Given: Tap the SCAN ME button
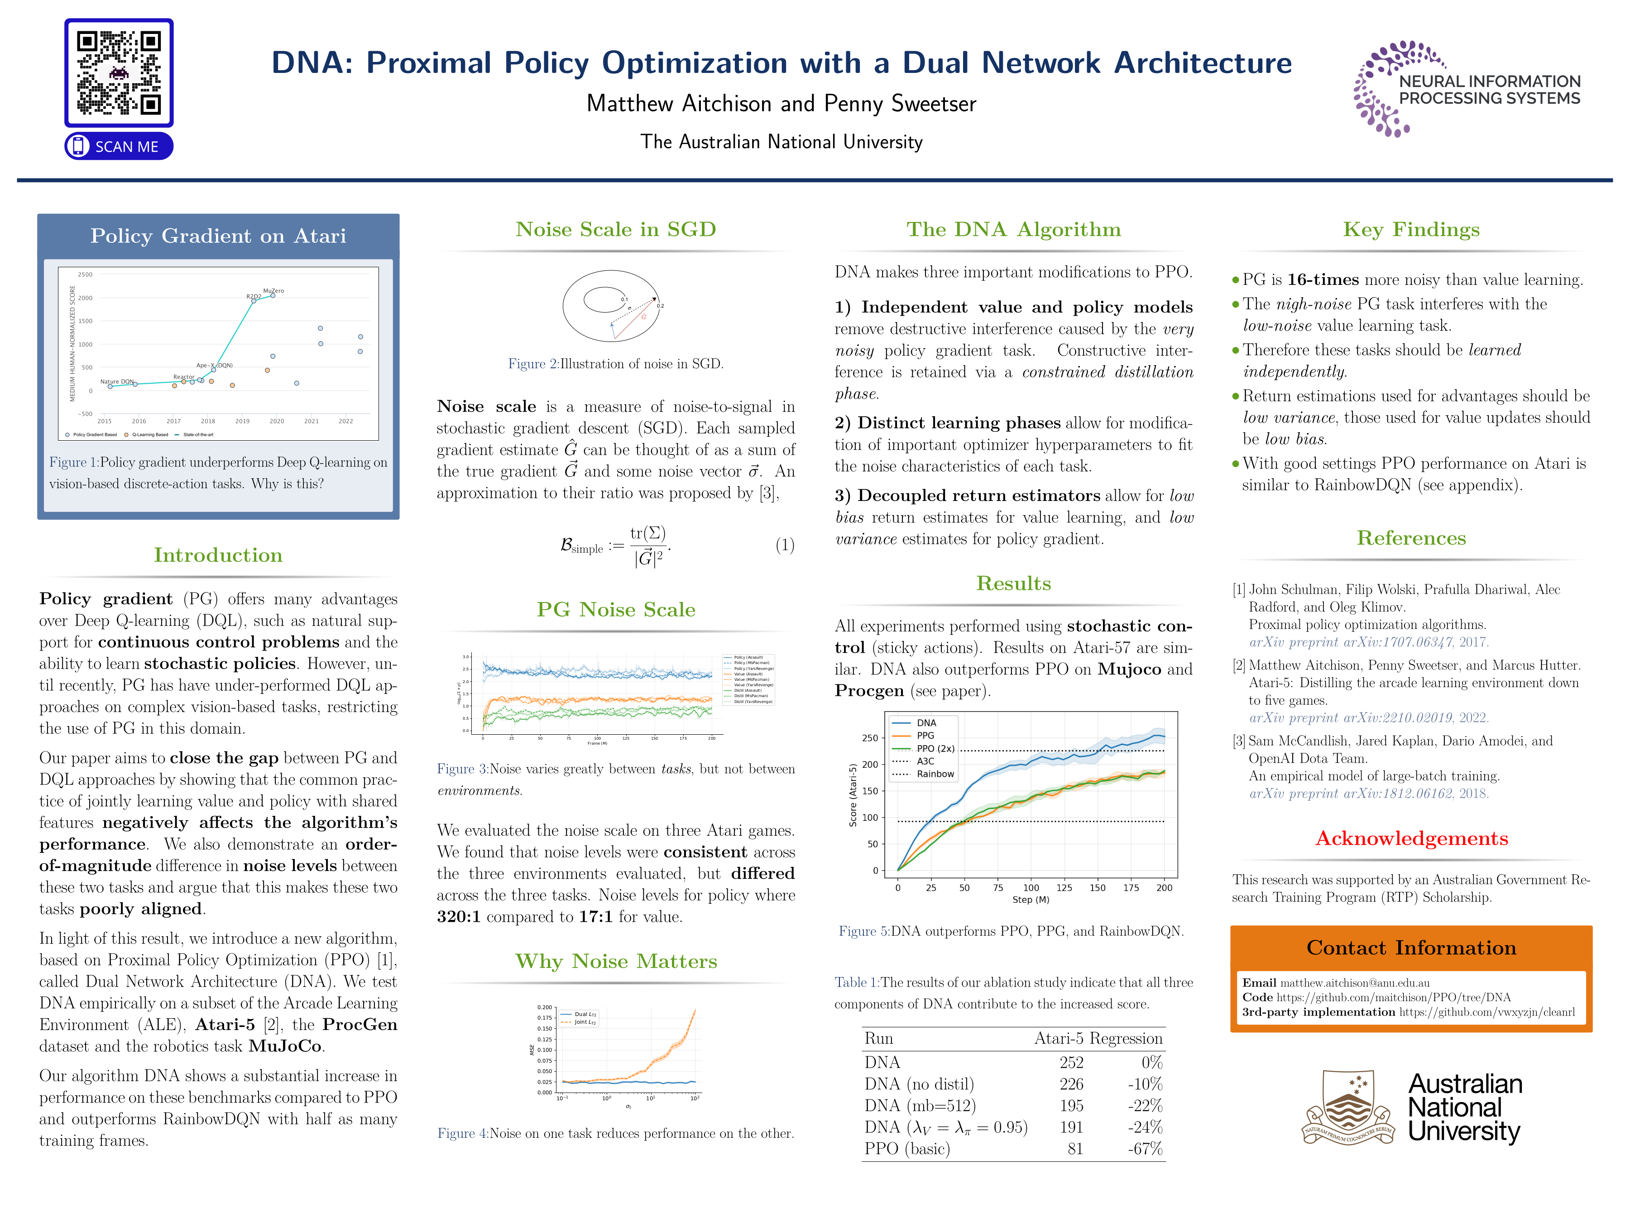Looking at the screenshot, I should [119, 146].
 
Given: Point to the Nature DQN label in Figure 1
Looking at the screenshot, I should [116, 382].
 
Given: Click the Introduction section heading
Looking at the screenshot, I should [218, 555].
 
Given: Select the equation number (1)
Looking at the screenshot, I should [785, 545].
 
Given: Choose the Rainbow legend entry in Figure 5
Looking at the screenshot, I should [935, 774].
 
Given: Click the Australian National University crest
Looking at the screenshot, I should [1348, 1107].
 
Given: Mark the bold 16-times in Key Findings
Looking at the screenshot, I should [1323, 280].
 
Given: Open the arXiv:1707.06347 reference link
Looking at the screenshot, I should [1368, 642].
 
